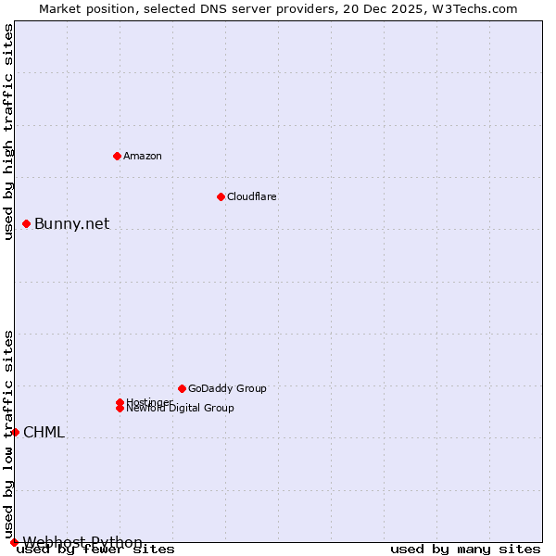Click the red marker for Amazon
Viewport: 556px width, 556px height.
[x=117, y=156]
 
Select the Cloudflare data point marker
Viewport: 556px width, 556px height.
[x=221, y=196]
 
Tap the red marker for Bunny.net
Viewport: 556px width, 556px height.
[x=27, y=223]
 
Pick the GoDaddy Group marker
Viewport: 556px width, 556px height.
[x=182, y=388]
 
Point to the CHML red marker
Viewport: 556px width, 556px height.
[x=15, y=432]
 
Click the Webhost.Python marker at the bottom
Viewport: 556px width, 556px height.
[x=14, y=542]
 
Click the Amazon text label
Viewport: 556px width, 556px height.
[x=142, y=156]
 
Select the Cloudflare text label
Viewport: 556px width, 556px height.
[x=251, y=196]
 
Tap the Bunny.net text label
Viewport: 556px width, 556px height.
[x=71, y=223]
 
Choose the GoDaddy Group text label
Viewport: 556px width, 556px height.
[x=227, y=388]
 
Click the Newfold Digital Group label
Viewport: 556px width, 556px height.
[x=181, y=409]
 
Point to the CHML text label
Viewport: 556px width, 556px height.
[x=44, y=432]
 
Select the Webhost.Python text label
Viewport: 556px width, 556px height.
[x=82, y=542]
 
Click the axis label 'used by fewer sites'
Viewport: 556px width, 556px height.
[x=95, y=550]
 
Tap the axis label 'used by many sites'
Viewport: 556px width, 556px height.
[x=465, y=550]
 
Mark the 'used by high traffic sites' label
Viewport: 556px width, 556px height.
[x=8, y=132]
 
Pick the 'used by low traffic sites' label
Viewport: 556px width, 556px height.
[x=8, y=434]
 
